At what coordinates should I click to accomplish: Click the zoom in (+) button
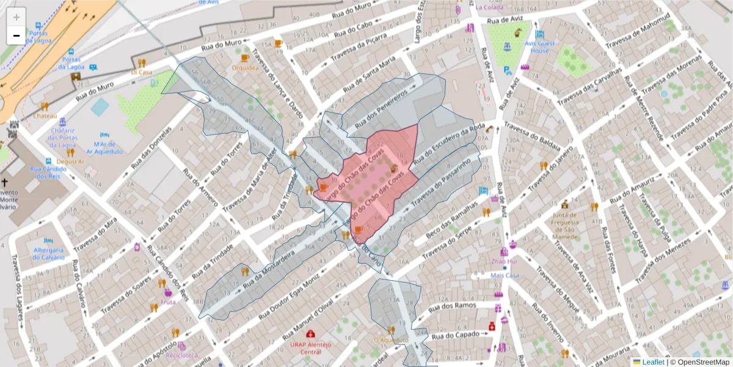coord(16,17)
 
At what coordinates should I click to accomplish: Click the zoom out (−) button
coord(16,35)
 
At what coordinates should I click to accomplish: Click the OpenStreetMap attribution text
coord(700,362)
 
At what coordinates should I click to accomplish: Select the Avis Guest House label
coord(539,47)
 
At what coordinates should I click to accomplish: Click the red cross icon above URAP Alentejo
coord(311,334)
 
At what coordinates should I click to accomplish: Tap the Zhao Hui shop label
coord(505,262)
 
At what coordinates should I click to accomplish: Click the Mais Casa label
coord(505,275)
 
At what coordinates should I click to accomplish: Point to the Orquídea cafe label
coord(245,68)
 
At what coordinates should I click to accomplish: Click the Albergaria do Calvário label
coord(48,253)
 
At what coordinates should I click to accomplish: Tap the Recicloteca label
coord(181,355)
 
